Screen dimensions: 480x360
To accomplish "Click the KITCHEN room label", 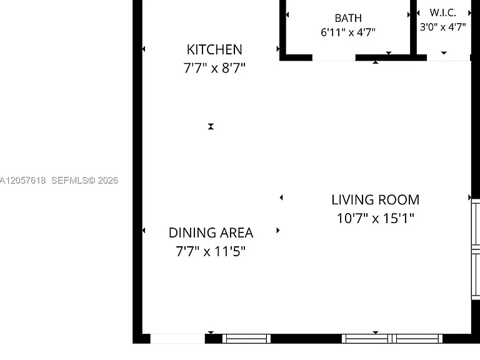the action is [214, 49].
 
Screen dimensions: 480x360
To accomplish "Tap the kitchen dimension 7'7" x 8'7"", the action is [214, 68].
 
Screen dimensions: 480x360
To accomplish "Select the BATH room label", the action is [348, 18].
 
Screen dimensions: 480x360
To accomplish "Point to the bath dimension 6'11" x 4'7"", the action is [348, 32].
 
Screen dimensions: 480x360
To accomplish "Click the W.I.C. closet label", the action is [442, 13].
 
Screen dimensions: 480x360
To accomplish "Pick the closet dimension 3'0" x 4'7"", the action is [442, 27].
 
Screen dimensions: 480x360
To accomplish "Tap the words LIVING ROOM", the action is [375, 200].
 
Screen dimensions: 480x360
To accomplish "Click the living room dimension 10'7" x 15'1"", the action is [375, 218].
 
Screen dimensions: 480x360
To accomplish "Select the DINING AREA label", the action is [211, 233].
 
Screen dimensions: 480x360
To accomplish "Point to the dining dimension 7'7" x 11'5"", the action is [211, 251].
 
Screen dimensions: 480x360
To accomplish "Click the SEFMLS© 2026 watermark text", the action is [84, 180].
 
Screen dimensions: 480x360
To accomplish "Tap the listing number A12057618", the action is [22, 180].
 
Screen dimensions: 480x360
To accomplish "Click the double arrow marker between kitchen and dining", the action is [211, 126].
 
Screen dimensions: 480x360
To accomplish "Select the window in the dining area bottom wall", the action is [246, 339].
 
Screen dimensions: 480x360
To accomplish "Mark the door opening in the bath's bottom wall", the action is [334, 57].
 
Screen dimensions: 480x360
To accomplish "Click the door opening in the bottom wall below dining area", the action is [177, 339].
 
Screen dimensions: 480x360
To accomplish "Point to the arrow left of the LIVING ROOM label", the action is [281, 197].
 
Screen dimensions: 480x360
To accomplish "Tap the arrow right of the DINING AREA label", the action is [278, 230].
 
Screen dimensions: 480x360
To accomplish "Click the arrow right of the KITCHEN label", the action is [278, 49].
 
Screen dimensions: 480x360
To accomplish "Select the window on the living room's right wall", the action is [476, 249].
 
